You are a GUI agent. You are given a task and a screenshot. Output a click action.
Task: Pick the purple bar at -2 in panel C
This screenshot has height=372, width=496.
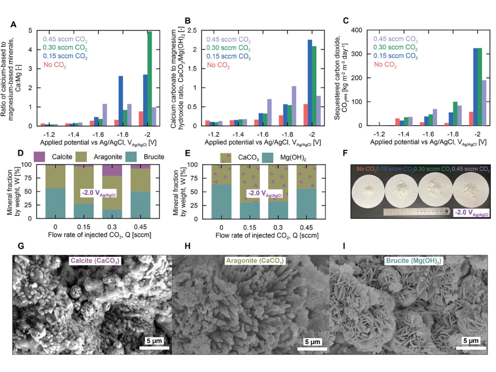(x=484, y=103)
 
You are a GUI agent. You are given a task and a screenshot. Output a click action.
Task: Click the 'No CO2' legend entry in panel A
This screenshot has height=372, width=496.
(x=55, y=65)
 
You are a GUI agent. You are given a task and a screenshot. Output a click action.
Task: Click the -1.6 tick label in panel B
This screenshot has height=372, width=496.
(x=262, y=134)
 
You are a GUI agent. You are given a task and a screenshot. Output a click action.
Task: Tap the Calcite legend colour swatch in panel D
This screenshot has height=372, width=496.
(x=40, y=157)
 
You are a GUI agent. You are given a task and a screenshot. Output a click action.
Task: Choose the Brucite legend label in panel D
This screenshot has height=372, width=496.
(x=154, y=157)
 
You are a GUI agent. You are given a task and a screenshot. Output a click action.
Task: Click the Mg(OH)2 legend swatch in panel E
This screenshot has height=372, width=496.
(x=268, y=157)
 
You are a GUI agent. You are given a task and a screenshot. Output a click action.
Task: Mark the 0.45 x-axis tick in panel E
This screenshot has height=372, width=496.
(x=306, y=227)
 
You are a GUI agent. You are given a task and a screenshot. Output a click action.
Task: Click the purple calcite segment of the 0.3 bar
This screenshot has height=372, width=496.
(x=112, y=170)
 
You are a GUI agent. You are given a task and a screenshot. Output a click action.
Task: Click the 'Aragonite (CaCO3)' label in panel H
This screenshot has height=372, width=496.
(x=255, y=261)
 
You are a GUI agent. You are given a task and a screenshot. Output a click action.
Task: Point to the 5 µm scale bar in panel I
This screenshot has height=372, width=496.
(x=471, y=348)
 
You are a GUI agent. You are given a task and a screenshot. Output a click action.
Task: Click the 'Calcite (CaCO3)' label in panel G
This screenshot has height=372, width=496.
(x=95, y=261)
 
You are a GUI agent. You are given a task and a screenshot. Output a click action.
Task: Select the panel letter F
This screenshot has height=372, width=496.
(x=345, y=153)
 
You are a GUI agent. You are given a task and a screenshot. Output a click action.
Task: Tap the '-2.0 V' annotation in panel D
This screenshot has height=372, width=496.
(x=98, y=193)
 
